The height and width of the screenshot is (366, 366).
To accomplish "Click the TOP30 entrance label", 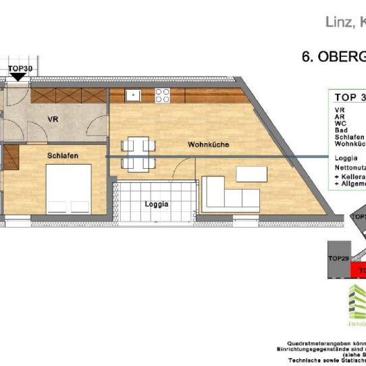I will [20, 68].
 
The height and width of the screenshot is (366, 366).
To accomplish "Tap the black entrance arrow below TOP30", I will [20, 77].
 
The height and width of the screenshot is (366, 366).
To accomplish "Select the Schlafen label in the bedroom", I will [63, 156].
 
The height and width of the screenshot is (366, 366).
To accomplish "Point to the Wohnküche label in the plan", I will [208, 145].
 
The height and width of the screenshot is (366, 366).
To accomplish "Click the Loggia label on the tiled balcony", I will [156, 203].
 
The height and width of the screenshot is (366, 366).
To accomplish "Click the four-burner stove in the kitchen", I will [163, 95].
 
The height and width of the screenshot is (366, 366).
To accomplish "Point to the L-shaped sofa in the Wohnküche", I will [230, 194].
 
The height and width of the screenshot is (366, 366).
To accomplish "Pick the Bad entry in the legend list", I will [341, 130].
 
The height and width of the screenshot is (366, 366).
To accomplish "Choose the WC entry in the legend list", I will [340, 123].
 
